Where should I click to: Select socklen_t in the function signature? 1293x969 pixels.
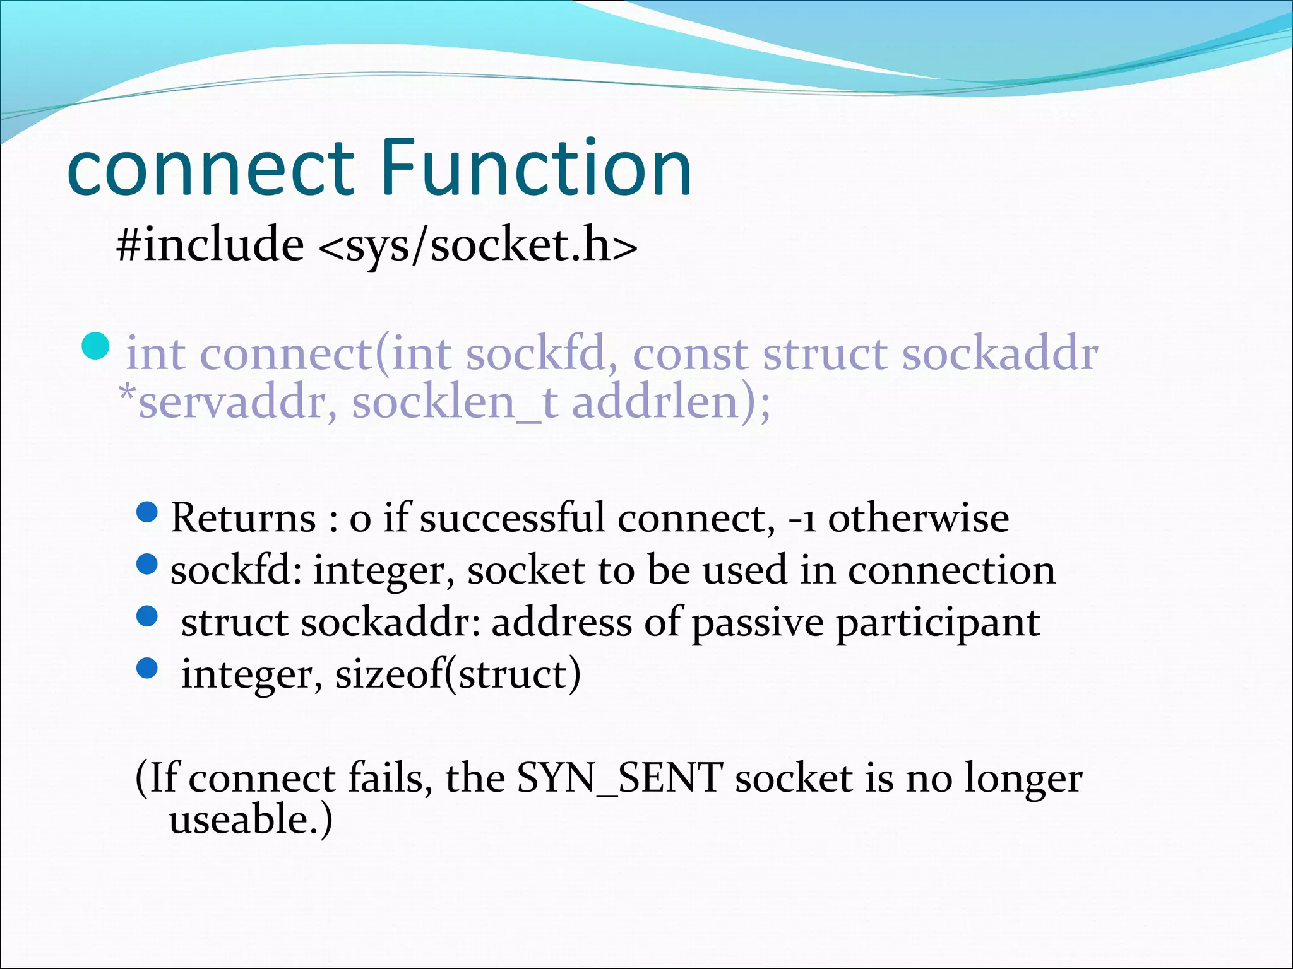[x=455, y=402]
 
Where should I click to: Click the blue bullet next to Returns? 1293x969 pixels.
[x=146, y=512]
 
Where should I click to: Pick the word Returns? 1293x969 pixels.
[x=243, y=518]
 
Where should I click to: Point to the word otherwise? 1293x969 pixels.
[x=918, y=518]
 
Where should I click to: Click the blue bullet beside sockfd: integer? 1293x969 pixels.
[x=146, y=564]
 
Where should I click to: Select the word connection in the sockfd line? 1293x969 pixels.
[x=951, y=570]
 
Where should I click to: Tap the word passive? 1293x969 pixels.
[x=757, y=623]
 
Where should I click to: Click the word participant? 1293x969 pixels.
[x=938, y=623]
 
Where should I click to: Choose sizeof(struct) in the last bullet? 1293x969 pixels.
[x=457, y=674]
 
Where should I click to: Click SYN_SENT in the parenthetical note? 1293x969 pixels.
[x=619, y=778]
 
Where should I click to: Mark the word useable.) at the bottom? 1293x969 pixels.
[x=250, y=819]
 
